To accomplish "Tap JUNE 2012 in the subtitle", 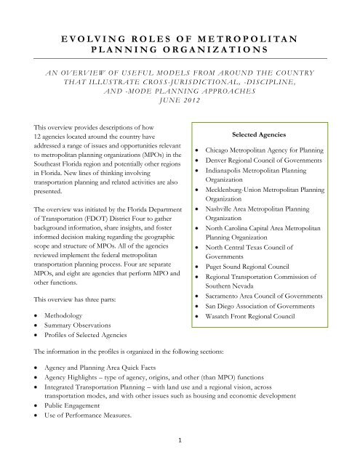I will click(x=180, y=100).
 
